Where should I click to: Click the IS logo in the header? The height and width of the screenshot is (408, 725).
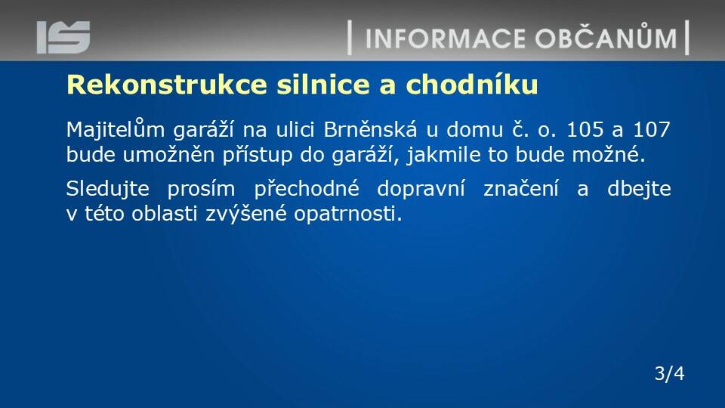pos(63,37)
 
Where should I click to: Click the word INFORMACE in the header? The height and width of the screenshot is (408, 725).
pos(446,39)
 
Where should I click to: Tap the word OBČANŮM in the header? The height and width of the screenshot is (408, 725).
pos(606,36)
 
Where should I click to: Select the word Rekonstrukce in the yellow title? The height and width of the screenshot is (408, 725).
pos(167,85)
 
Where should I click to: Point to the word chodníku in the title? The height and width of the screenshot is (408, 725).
pos(471,85)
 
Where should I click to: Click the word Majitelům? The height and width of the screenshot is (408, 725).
pos(116,129)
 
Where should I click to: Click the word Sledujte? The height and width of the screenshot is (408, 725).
pos(108,189)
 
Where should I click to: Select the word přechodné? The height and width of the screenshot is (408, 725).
pos(307,189)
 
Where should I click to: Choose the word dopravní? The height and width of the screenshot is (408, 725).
pos(421,189)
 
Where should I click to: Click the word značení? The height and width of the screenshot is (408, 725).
pos(521,189)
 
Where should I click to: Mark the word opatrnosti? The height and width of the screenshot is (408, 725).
pos(347,214)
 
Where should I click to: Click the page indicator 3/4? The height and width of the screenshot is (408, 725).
pos(670,372)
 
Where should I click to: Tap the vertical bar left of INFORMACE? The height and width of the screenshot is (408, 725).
pos(350,38)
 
